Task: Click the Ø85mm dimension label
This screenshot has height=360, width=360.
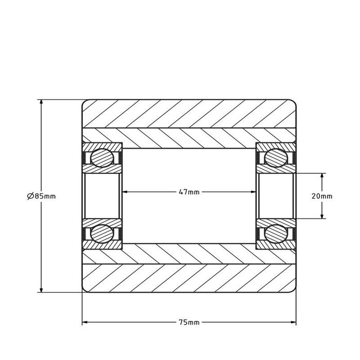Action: (41, 196)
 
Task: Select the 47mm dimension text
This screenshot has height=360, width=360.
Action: (189, 192)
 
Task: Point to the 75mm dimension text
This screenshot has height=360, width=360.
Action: (189, 323)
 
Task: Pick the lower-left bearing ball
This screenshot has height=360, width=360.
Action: (101, 234)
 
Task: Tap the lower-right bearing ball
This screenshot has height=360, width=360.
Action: (276, 234)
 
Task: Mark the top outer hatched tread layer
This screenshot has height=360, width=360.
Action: (189, 113)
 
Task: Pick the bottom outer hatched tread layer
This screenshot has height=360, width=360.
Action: (189, 278)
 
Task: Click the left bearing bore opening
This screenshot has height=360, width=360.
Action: (102, 195)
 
